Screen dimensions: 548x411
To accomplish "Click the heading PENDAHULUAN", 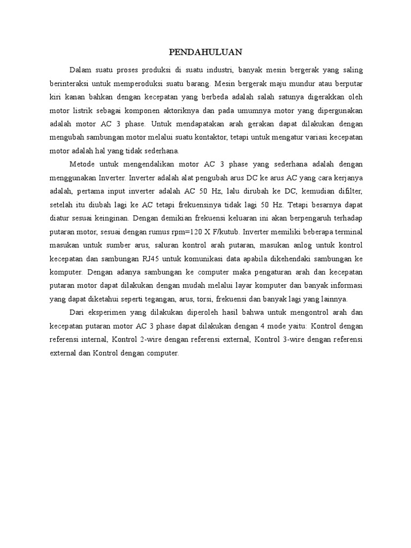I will (205, 52).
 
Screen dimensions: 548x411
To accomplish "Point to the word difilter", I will (350, 191).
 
